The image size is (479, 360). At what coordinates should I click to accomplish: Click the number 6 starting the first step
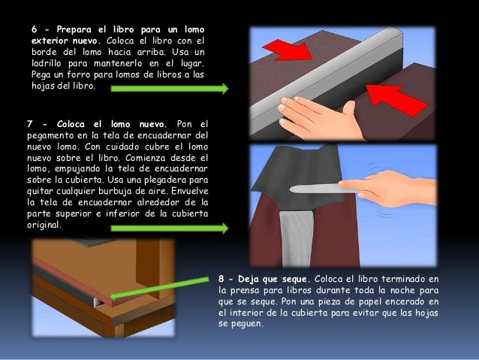[35, 29]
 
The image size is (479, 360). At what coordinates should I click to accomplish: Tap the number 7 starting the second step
[29, 124]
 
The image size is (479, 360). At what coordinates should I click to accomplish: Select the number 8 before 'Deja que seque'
[221, 279]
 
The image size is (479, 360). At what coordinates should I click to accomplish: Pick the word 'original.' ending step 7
[44, 225]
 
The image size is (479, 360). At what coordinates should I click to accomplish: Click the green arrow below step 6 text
[170, 89]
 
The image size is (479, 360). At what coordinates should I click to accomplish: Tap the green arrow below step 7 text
[170, 228]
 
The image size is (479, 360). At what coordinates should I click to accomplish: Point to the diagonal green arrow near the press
[159, 288]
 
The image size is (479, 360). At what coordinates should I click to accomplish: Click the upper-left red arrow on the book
[287, 51]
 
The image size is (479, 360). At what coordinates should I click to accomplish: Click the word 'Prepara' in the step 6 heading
[74, 29]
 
